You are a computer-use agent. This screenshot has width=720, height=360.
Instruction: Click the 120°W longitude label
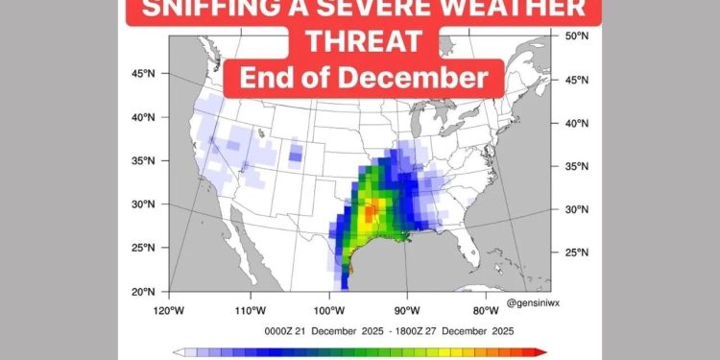(x=168, y=310)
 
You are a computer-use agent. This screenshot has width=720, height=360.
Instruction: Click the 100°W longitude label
(x=328, y=310)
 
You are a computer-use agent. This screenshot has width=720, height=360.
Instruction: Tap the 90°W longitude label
(x=407, y=310)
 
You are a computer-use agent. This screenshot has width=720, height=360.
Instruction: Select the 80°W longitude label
(x=487, y=310)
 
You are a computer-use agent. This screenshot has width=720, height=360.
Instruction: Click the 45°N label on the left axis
(x=143, y=73)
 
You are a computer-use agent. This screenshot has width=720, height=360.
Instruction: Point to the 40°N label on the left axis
(x=143, y=117)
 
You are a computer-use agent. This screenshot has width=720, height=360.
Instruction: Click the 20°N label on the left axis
(x=143, y=291)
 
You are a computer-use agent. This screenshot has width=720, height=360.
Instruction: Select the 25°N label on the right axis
(x=574, y=252)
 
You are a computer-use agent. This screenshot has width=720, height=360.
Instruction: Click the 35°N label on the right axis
(x=574, y=166)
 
